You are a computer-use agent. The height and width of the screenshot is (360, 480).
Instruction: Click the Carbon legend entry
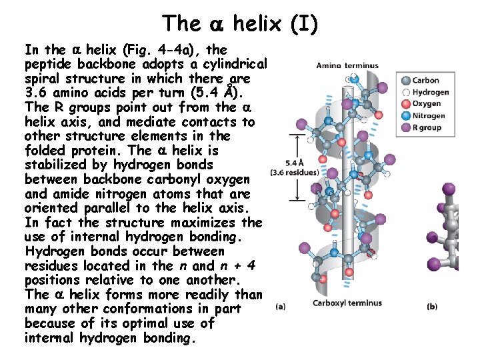425,81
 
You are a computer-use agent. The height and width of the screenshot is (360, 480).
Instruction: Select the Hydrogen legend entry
430,92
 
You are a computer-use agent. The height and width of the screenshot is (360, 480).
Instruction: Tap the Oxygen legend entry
427,103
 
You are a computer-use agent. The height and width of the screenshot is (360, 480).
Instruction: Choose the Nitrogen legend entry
429,115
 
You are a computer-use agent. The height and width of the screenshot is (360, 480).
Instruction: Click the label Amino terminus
347,65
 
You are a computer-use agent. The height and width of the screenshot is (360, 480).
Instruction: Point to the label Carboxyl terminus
347,303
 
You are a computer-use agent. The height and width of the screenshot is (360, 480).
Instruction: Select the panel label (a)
280,307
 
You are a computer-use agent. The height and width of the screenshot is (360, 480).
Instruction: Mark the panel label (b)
432,307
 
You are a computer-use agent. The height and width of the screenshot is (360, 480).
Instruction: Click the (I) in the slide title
304,23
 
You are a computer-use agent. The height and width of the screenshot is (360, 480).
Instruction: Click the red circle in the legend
405,104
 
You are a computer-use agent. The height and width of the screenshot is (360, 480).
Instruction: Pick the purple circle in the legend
405,127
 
